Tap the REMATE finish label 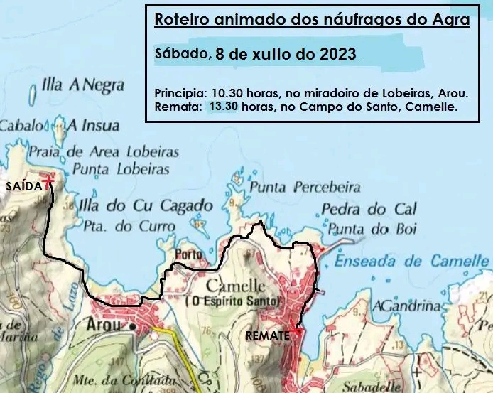(x=267, y=335)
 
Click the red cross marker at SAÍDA (x=48, y=181)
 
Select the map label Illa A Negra (x=83, y=86)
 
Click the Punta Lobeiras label (x=121, y=169)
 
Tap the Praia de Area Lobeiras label (x=104, y=151)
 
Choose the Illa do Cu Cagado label (x=145, y=205)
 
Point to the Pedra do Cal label (x=369, y=210)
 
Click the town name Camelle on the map (x=235, y=286)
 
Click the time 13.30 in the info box (x=224, y=107)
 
